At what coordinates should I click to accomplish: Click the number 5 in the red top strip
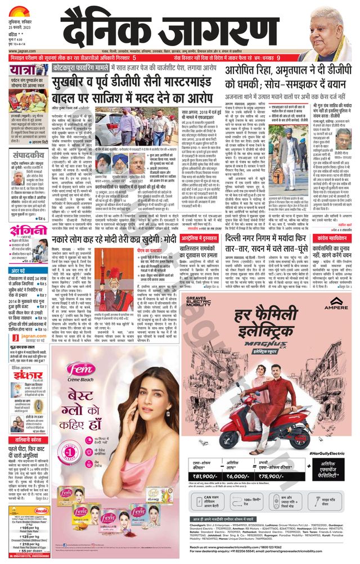click(x=134, y=58)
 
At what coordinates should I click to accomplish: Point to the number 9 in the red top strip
click(x=294, y=58)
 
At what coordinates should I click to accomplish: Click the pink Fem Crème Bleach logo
click(x=84, y=369)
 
